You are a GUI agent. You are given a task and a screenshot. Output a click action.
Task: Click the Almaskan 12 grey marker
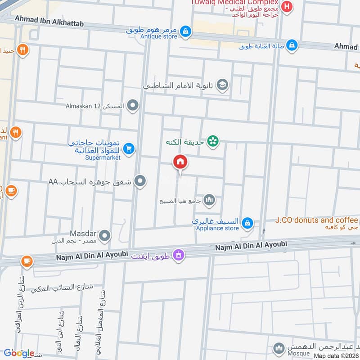(x=132, y=106)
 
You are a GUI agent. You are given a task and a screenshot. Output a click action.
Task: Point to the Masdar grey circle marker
(x=104, y=235)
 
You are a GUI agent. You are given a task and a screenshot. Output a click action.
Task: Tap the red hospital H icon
(x=287, y=7)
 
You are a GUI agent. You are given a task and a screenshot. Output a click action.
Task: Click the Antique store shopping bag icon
(x=185, y=31)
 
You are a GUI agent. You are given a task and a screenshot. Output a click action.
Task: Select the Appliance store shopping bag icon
(x=247, y=223)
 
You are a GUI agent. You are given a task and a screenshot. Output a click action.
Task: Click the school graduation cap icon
(x=222, y=85)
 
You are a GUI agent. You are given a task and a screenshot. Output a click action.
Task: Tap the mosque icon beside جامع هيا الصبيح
(x=209, y=200)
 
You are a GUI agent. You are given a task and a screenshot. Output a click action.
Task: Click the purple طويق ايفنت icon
(x=179, y=255)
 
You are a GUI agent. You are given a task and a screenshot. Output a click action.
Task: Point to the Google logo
(x=19, y=353)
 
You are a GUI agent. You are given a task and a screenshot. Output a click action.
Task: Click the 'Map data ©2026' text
(x=336, y=355)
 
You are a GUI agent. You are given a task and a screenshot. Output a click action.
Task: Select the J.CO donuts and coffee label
(x=317, y=220)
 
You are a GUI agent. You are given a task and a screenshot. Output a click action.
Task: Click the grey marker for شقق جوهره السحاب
(x=140, y=181)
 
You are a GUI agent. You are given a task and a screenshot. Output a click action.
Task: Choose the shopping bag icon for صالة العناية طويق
(x=292, y=45)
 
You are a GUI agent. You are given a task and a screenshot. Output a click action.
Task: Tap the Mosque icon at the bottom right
(x=279, y=349)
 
